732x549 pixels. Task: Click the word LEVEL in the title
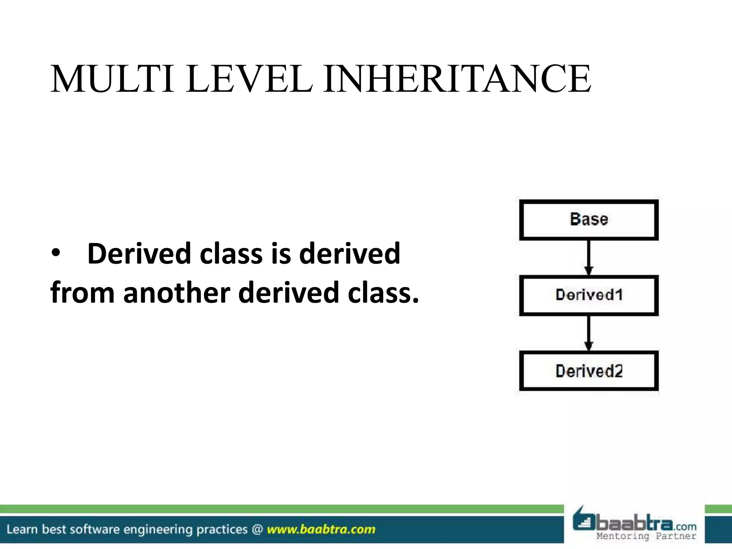click(249, 79)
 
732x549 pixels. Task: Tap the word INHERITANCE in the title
click(457, 79)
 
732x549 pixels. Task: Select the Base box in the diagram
click(589, 219)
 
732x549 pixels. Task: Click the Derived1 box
click(589, 295)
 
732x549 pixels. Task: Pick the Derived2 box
click(589, 371)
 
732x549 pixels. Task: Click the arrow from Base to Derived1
click(589, 257)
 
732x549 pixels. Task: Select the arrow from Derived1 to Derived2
click(589, 333)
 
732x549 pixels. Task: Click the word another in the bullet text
click(177, 292)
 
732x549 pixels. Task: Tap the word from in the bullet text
click(82, 292)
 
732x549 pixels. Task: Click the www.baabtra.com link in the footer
click(321, 529)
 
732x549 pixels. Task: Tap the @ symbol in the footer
click(257, 529)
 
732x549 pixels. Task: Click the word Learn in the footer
click(22, 529)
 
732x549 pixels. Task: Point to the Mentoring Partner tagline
click(646, 536)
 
